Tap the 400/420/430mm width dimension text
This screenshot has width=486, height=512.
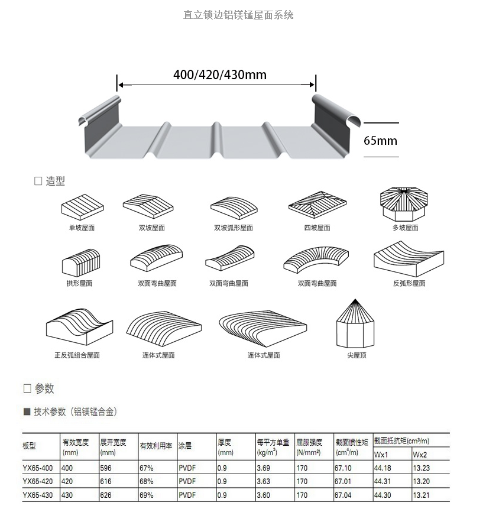tap(219, 74)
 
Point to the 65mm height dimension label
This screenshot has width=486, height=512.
tap(380, 141)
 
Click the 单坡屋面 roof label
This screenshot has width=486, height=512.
tap(82, 228)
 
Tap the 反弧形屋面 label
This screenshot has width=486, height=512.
tap(409, 283)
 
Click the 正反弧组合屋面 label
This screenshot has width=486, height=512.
tap(77, 355)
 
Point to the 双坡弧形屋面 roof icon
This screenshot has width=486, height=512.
tap(234, 207)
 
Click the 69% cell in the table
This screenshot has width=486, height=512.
tap(147, 495)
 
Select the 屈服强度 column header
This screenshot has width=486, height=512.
tap(309, 442)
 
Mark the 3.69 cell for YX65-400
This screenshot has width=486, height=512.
tap(263, 468)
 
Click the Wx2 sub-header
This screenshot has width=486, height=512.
tap(420, 455)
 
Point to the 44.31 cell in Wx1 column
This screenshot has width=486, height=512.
tap(383, 481)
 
